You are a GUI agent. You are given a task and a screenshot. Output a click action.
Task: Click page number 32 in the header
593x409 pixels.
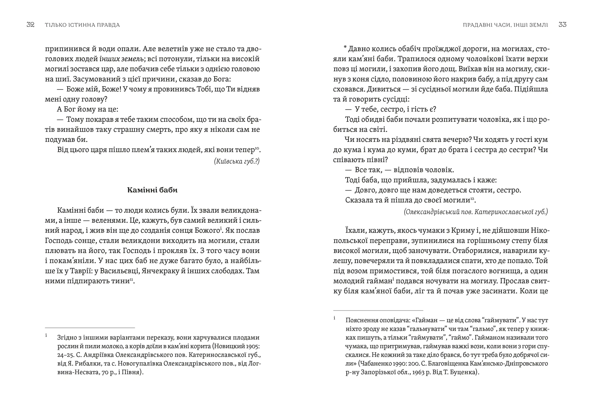pyautogui.click(x=30, y=25)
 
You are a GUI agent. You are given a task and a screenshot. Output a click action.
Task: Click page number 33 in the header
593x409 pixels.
pyautogui.click(x=562, y=25)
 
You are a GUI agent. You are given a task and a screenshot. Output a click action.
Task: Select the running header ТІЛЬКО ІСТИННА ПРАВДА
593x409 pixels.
pyautogui.click(x=82, y=25)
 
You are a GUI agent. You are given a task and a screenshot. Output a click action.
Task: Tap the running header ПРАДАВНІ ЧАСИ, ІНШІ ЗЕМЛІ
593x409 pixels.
pyautogui.click(x=505, y=25)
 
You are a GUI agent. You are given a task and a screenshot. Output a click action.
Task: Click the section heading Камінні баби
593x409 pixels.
pyautogui.click(x=152, y=190)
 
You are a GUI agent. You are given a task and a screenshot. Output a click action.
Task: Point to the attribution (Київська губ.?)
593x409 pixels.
pyautogui.click(x=237, y=161)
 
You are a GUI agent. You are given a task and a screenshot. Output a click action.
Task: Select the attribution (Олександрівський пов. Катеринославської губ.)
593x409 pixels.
pyautogui.click(x=476, y=212)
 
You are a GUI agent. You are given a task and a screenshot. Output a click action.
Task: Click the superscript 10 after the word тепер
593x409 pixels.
pyautogui.click(x=257, y=149)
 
